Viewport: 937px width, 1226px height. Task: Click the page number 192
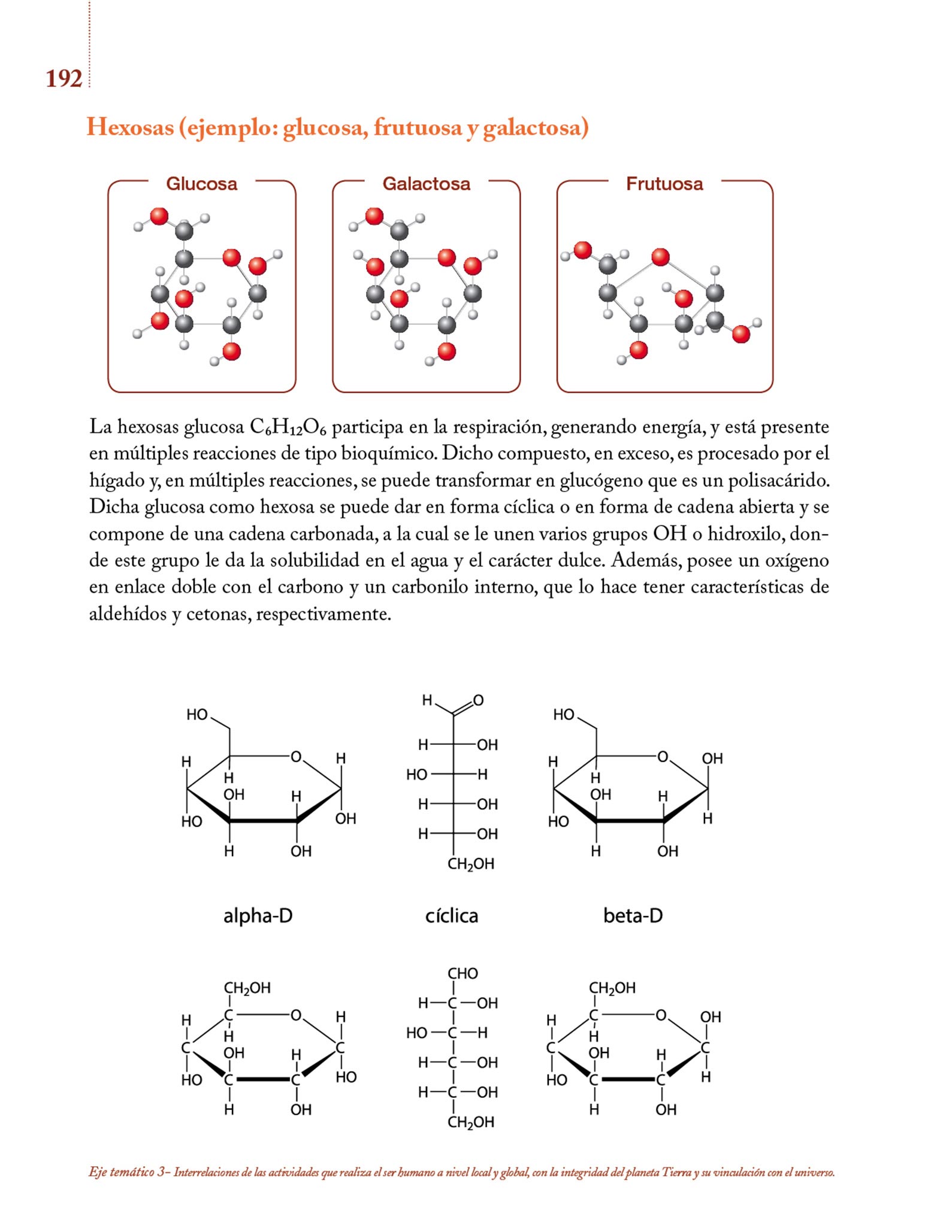(64, 79)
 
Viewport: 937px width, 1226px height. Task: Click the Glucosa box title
(201, 184)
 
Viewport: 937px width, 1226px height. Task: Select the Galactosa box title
(426, 184)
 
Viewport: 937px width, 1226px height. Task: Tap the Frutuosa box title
(664, 184)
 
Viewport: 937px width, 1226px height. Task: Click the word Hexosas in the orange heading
(130, 128)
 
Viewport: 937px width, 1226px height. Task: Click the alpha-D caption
(258, 916)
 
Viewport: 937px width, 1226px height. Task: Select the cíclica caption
(451, 916)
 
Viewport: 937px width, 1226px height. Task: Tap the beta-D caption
(633, 916)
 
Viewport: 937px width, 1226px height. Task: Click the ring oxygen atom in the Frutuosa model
(660, 257)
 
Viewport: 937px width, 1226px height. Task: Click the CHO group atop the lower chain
(463, 973)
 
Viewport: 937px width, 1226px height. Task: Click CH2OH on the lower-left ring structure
(247, 988)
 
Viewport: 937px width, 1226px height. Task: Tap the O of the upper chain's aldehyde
(478, 700)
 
